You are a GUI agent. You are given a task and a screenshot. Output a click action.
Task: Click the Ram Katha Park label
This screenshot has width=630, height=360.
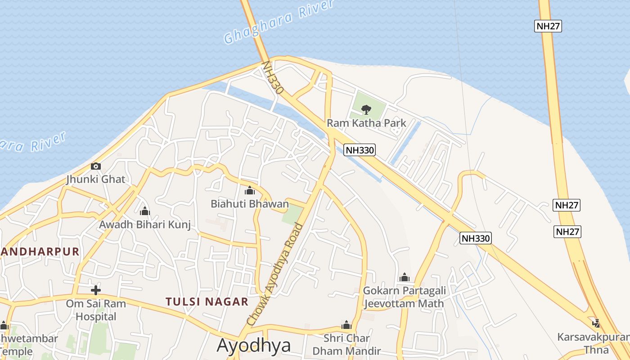366,123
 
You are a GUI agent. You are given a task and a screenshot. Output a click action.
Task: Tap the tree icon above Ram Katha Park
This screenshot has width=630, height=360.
366,108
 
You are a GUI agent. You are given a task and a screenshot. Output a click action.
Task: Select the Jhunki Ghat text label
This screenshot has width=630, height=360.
95,179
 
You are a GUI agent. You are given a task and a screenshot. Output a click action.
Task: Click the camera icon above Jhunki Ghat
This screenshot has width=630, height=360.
95,166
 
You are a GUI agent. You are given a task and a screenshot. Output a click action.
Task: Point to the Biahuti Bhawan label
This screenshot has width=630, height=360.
250,204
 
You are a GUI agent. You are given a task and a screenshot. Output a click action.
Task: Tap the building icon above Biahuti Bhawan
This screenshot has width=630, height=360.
250,190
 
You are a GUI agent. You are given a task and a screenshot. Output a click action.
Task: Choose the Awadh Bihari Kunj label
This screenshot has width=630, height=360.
145,224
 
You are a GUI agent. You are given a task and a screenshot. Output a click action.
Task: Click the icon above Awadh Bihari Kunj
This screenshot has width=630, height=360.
145,211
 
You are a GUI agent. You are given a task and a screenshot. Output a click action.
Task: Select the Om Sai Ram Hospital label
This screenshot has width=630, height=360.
96,310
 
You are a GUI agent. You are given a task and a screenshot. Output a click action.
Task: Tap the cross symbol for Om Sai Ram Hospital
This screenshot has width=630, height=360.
95,290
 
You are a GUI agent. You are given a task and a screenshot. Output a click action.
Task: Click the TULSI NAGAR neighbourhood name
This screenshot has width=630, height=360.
207,301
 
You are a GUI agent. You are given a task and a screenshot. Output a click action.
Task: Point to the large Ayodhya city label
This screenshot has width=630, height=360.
254,346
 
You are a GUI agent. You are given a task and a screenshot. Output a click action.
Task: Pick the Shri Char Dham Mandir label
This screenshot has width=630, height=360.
347,344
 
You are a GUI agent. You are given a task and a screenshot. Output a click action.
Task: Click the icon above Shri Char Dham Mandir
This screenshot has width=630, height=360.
346,325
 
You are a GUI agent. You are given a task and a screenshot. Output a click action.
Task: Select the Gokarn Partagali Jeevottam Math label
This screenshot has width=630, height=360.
404,297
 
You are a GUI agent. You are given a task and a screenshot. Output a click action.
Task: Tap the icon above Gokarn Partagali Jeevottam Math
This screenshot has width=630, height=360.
404,277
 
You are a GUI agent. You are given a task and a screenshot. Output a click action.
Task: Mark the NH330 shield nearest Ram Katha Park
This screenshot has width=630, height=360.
360,150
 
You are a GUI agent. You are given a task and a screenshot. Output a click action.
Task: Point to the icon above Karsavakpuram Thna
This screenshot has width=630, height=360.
596,323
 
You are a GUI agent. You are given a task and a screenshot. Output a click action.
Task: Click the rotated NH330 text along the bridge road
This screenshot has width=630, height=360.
273,77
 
